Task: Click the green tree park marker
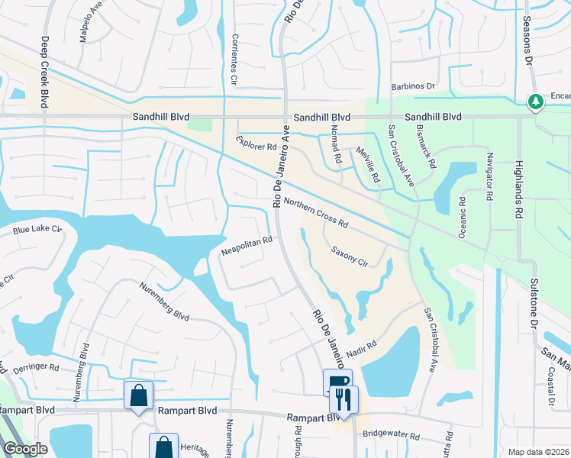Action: coord(536,101)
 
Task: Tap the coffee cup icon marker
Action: coord(337,382)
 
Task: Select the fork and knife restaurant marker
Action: coord(344,398)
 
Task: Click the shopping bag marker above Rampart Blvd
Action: coord(138,395)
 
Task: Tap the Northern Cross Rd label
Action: coord(315,213)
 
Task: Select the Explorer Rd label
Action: coord(256,142)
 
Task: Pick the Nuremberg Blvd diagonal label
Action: coord(164,302)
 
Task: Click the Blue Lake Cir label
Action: coord(36,229)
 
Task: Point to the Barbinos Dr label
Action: coord(412,87)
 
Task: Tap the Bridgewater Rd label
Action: coord(392,437)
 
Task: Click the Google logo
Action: coord(25,449)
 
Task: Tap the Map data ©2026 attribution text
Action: coord(537,452)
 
